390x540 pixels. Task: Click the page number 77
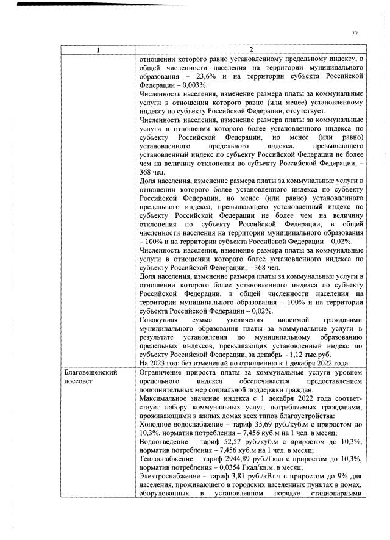[354, 34]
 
